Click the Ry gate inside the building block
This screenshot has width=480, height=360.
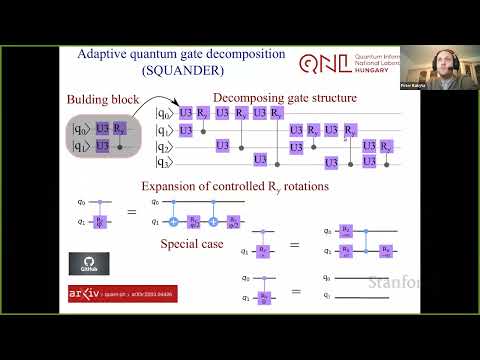pyautogui.click(x=120, y=128)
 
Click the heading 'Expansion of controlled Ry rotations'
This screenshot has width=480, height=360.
pyautogui.click(x=237, y=185)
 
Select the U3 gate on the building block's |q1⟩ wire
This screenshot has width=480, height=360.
pyautogui.click(x=103, y=147)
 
